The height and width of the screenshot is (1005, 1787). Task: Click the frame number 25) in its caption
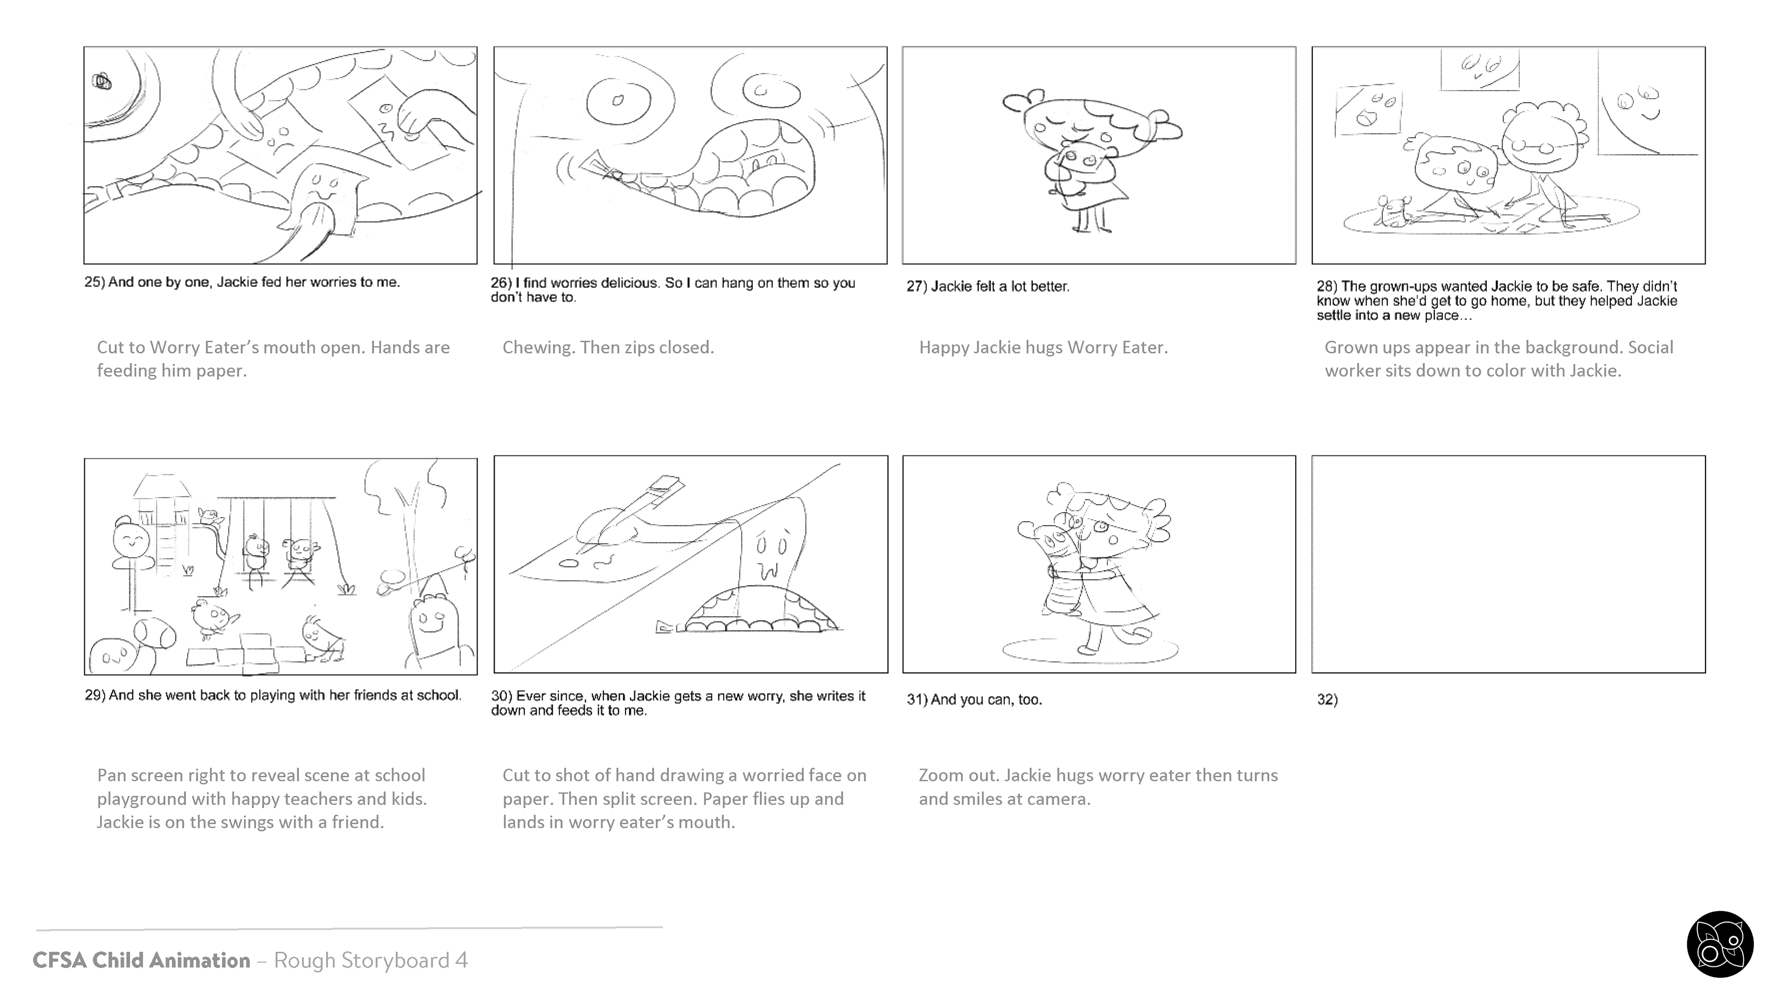[94, 282]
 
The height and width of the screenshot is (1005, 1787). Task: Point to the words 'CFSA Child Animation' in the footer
[141, 960]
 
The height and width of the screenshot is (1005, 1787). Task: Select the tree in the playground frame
[416, 527]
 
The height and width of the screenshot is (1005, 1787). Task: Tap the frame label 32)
[1327, 699]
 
